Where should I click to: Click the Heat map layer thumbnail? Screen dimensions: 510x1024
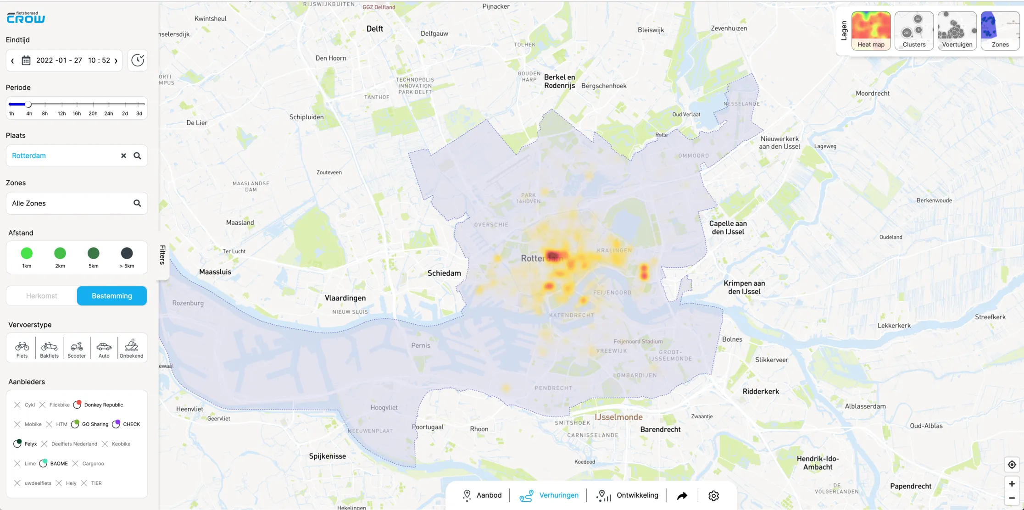[x=871, y=30]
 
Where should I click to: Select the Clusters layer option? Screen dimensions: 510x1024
[x=914, y=30]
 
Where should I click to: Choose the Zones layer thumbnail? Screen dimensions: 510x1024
[x=1000, y=30]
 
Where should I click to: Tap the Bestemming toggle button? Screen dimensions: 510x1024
[x=112, y=296]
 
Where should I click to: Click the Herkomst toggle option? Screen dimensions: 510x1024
[x=42, y=296]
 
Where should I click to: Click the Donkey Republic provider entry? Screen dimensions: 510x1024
[x=98, y=405]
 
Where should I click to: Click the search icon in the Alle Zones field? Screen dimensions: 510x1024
[x=137, y=203]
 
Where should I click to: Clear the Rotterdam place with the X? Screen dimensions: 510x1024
[x=123, y=155]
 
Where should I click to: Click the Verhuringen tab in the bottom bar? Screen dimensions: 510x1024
[x=549, y=495]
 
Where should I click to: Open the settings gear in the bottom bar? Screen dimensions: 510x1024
[x=713, y=495]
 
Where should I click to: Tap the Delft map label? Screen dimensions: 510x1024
[x=375, y=28]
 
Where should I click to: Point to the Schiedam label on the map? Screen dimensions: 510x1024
[x=444, y=273]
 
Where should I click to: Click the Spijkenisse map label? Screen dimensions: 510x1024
[x=328, y=456]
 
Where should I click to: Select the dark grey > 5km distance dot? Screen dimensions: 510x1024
[x=127, y=254]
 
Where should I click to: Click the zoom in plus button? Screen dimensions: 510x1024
[x=1012, y=483]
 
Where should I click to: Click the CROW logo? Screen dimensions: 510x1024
[x=26, y=17]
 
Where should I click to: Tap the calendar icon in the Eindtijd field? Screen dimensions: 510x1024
[x=26, y=61]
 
